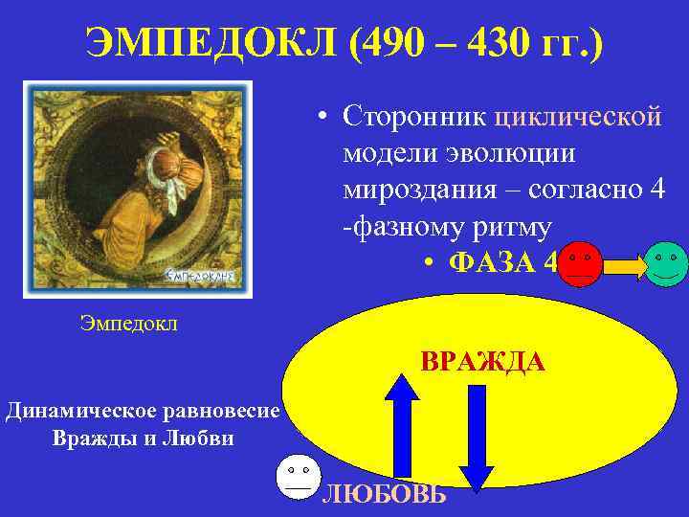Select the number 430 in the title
(x=501, y=43)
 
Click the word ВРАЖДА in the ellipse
(x=482, y=363)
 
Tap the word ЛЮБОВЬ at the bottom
(x=384, y=494)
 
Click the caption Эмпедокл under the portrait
(x=129, y=324)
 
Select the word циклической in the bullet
(x=577, y=117)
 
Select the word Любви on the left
(x=206, y=439)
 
